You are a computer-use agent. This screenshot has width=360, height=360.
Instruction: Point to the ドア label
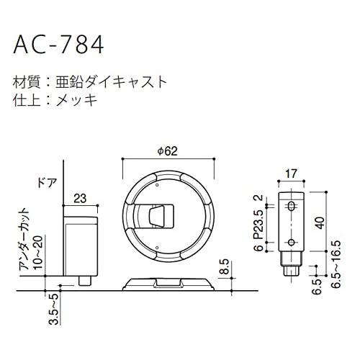pyautogui.click(x=46, y=184)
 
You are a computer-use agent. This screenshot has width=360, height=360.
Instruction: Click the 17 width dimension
pyautogui.click(x=290, y=173)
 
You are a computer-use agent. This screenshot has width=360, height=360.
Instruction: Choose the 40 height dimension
pyautogui.click(x=318, y=223)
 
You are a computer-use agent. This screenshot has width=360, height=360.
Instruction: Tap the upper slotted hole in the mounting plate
pyautogui.click(x=291, y=207)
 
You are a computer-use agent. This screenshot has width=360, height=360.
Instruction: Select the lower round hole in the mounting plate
pyautogui.click(x=291, y=240)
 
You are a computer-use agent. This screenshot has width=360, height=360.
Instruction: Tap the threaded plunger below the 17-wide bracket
pyautogui.click(x=291, y=265)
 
